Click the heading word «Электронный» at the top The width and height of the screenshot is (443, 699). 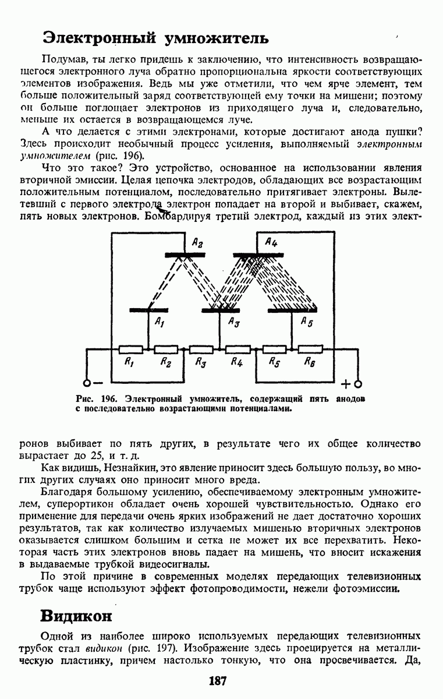tap(98, 38)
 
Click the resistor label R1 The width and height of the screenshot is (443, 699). tap(129, 362)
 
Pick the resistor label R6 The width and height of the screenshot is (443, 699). tap(309, 362)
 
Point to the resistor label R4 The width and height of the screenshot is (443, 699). tap(236, 362)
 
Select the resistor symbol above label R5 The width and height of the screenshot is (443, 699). tap(274, 349)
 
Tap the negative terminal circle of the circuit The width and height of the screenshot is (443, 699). tap(87, 383)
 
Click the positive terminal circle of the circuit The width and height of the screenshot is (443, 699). tap(358, 383)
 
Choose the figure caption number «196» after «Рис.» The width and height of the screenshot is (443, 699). tap(109, 399)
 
